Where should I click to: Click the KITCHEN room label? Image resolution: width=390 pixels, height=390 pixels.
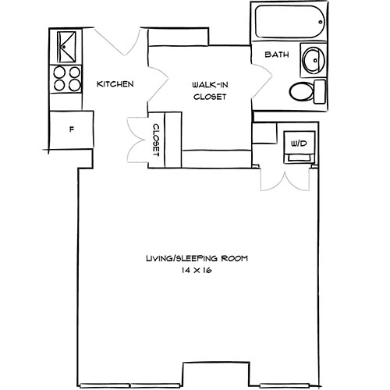point(115,84)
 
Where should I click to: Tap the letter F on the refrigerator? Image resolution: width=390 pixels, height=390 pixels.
point(71,129)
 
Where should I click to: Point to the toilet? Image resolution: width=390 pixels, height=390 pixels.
point(305,91)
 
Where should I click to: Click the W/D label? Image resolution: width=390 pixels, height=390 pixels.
point(299,144)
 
